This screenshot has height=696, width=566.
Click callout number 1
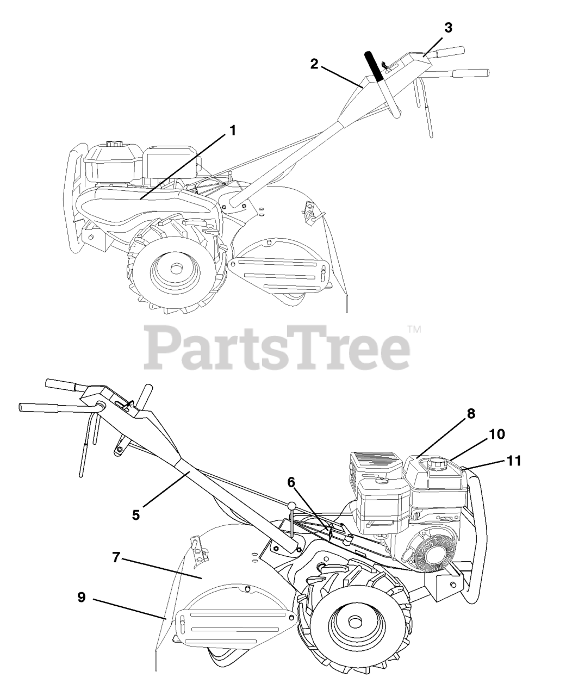[x=232, y=131]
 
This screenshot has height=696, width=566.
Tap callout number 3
[x=447, y=28]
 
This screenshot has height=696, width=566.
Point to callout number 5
[x=136, y=514]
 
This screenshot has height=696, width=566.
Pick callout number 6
[x=291, y=482]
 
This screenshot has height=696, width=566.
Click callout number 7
[x=116, y=558]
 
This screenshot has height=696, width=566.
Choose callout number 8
[x=470, y=414]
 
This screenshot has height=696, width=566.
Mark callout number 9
[x=82, y=597]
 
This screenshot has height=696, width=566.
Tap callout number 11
[x=513, y=461]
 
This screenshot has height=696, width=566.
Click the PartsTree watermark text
[x=277, y=346]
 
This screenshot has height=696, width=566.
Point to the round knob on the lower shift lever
[x=293, y=506]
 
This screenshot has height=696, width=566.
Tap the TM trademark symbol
[x=414, y=328]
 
